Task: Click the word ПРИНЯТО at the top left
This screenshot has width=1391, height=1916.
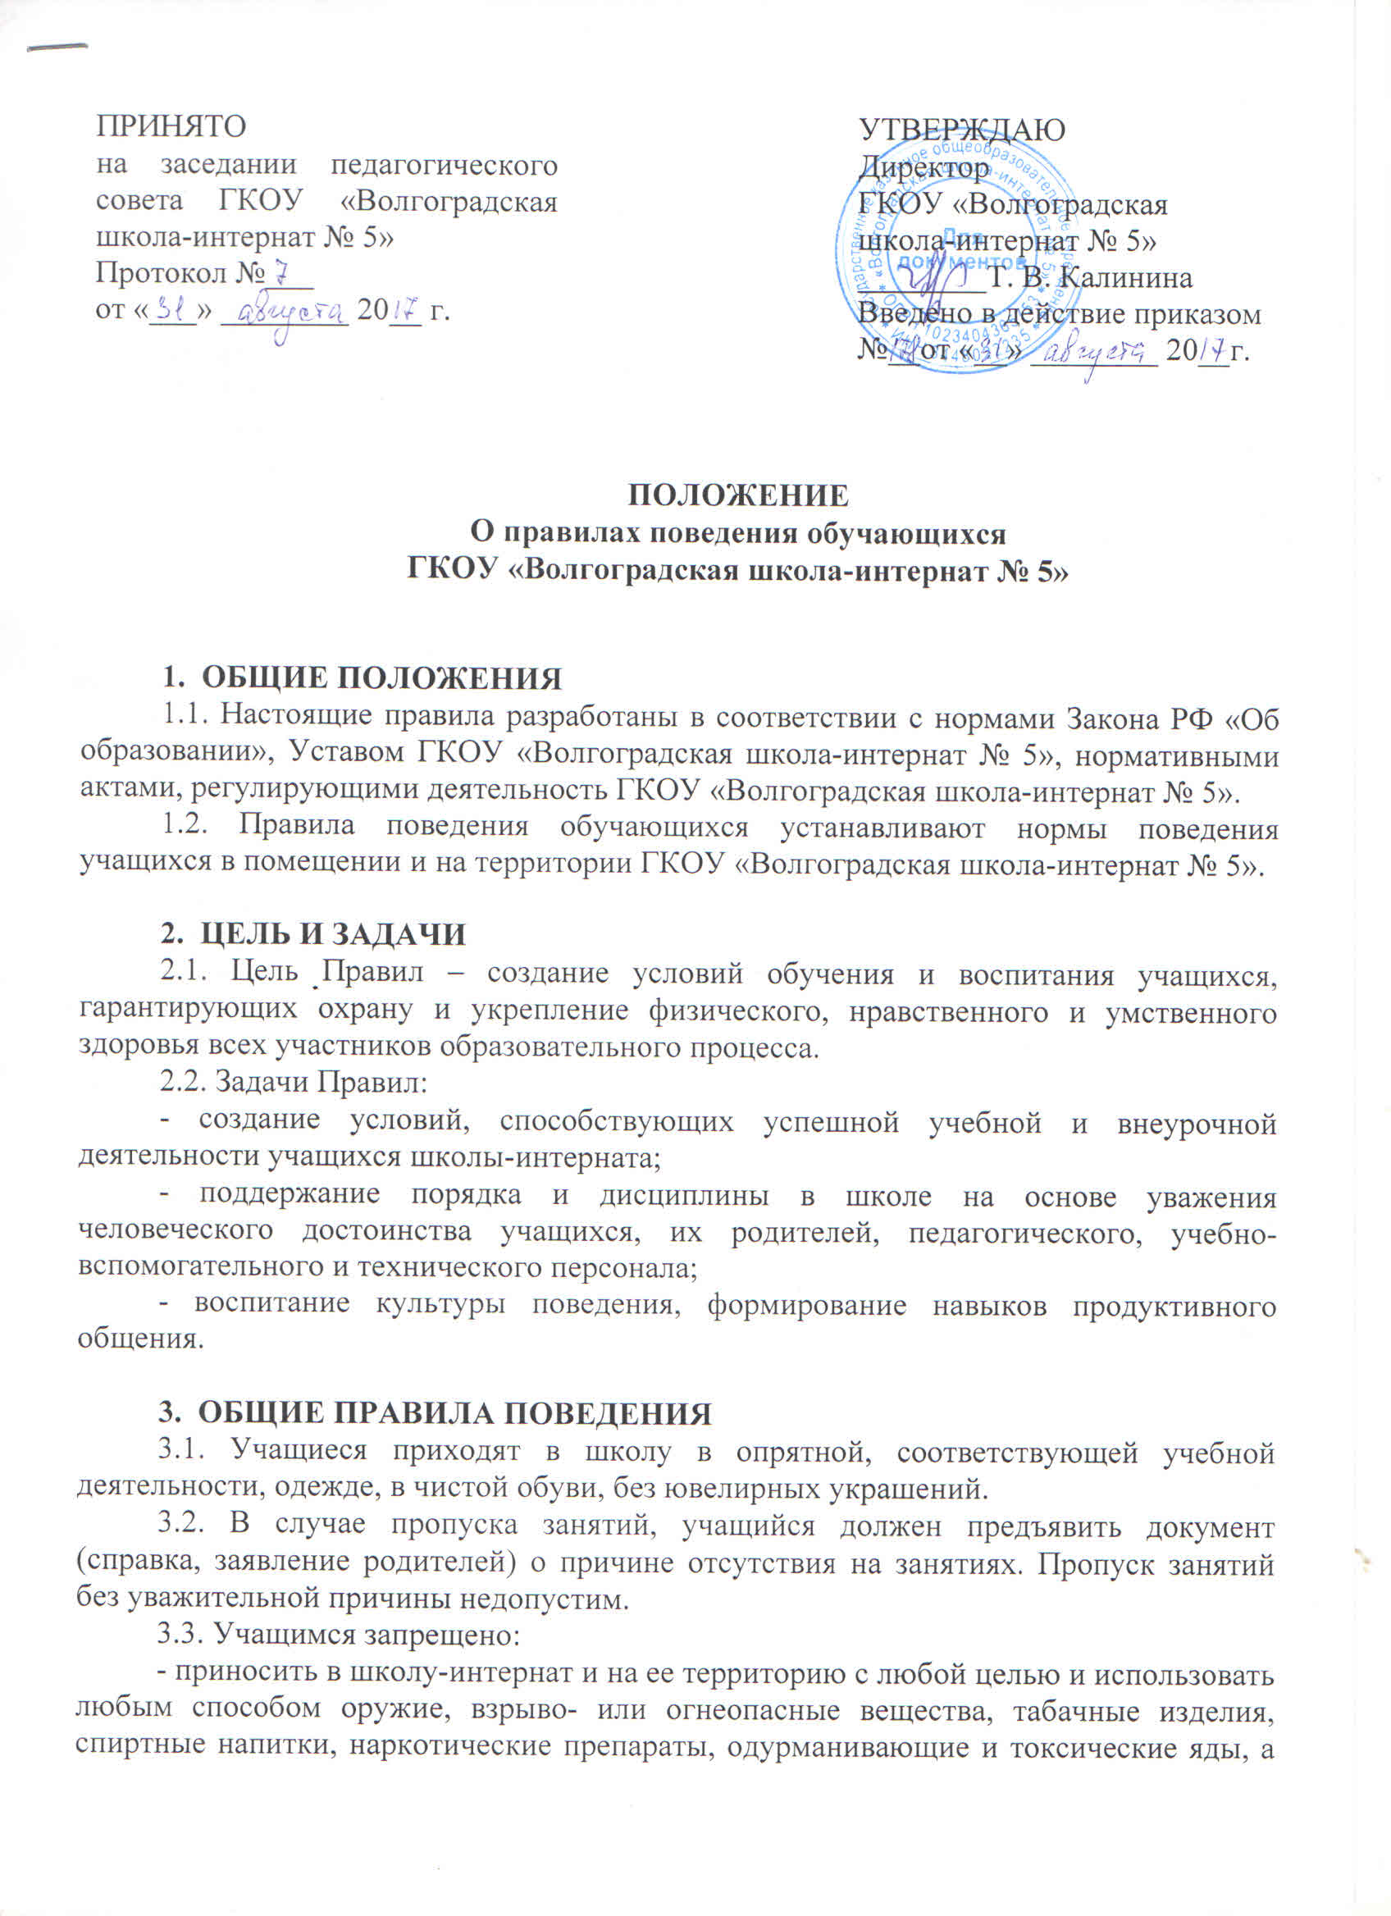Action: [x=171, y=125]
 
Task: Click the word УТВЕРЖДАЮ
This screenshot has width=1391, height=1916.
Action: [x=961, y=130]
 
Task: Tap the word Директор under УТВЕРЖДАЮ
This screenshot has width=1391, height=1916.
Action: [x=924, y=167]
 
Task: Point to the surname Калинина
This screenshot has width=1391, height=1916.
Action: [x=1125, y=277]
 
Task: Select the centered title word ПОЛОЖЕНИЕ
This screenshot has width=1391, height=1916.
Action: [x=737, y=495]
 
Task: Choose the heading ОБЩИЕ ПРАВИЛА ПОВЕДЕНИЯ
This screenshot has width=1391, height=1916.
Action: [x=457, y=1413]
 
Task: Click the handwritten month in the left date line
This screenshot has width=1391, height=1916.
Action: [x=285, y=314]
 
